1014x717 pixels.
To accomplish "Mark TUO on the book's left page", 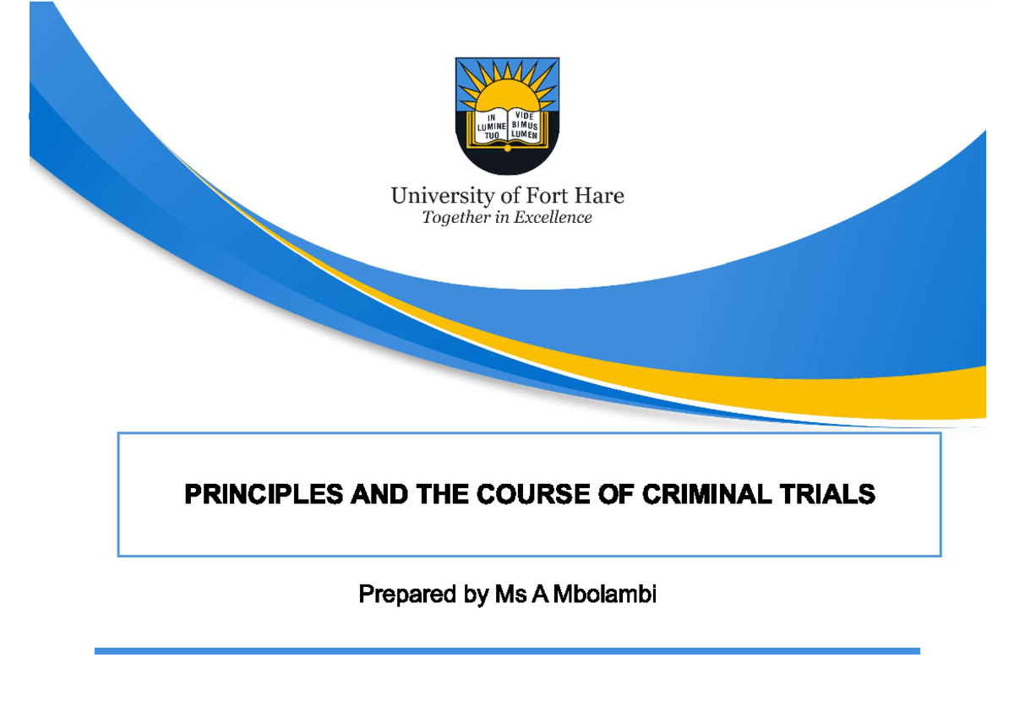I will coord(492,134).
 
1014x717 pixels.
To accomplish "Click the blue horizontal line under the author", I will coord(507,651).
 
